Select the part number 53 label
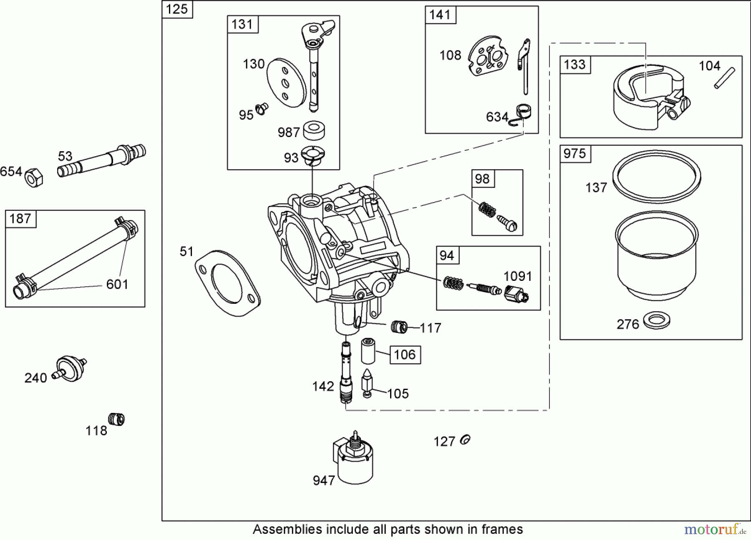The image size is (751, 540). coord(65,156)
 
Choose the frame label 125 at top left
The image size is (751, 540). coord(177,9)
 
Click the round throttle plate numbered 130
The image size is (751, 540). coord(286,82)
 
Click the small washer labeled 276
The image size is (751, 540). coord(657,320)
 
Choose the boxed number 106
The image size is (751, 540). coord(405,355)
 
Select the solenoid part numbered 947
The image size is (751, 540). coord(355,462)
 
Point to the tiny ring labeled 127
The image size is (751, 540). coord(465,440)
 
